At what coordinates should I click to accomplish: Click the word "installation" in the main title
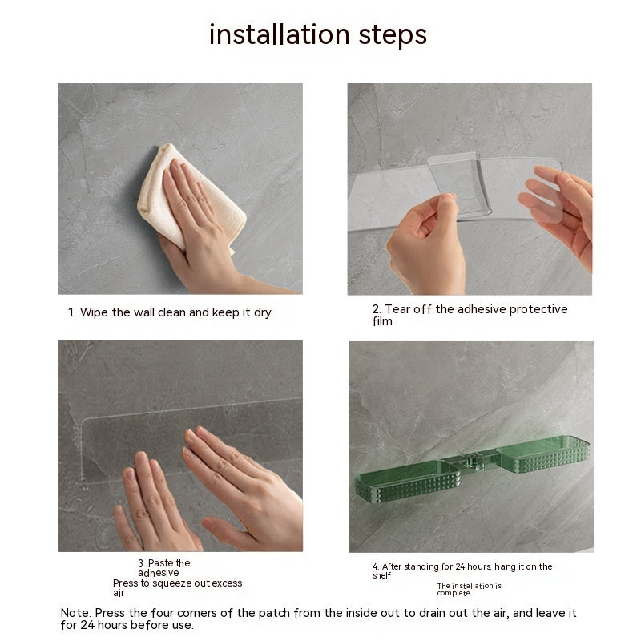(x=280, y=34)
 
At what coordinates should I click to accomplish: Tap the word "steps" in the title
(x=393, y=36)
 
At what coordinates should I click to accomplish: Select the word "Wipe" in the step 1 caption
(x=95, y=312)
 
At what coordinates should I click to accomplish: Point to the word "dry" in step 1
(x=263, y=313)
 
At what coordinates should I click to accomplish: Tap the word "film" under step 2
(x=382, y=321)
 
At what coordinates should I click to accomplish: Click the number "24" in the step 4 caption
(x=460, y=566)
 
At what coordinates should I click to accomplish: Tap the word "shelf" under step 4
(x=382, y=575)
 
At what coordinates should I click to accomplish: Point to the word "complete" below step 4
(x=454, y=593)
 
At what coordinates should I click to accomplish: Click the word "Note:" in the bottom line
(x=76, y=613)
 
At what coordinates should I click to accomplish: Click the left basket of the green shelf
(x=407, y=482)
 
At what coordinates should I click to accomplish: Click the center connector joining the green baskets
(x=476, y=462)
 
